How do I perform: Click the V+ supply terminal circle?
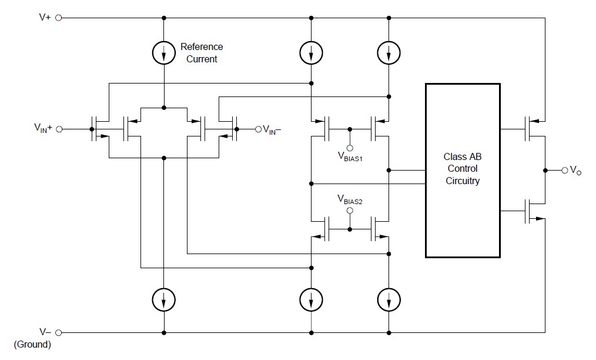[x=59, y=18]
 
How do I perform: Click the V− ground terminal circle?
[x=59, y=332]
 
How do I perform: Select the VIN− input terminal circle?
[x=257, y=129]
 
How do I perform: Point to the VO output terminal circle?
[x=565, y=170]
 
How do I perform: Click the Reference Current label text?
[x=201, y=53]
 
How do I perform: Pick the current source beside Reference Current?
[x=164, y=54]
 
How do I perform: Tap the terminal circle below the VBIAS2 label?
[x=350, y=211]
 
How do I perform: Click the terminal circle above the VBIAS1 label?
[x=350, y=148]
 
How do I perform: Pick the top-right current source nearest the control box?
[x=389, y=54]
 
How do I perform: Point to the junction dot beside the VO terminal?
[x=545, y=170]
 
